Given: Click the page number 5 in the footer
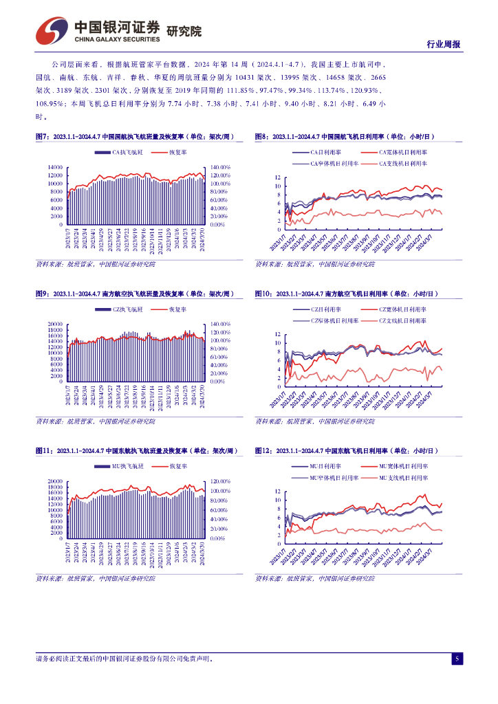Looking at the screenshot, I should (456, 659).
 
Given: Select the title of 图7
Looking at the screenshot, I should (135, 137).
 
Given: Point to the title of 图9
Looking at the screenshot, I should (135, 294).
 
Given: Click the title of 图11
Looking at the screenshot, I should (136, 451).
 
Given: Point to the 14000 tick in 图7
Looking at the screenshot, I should (56, 167).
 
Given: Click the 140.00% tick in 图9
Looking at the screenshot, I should (219, 324).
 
